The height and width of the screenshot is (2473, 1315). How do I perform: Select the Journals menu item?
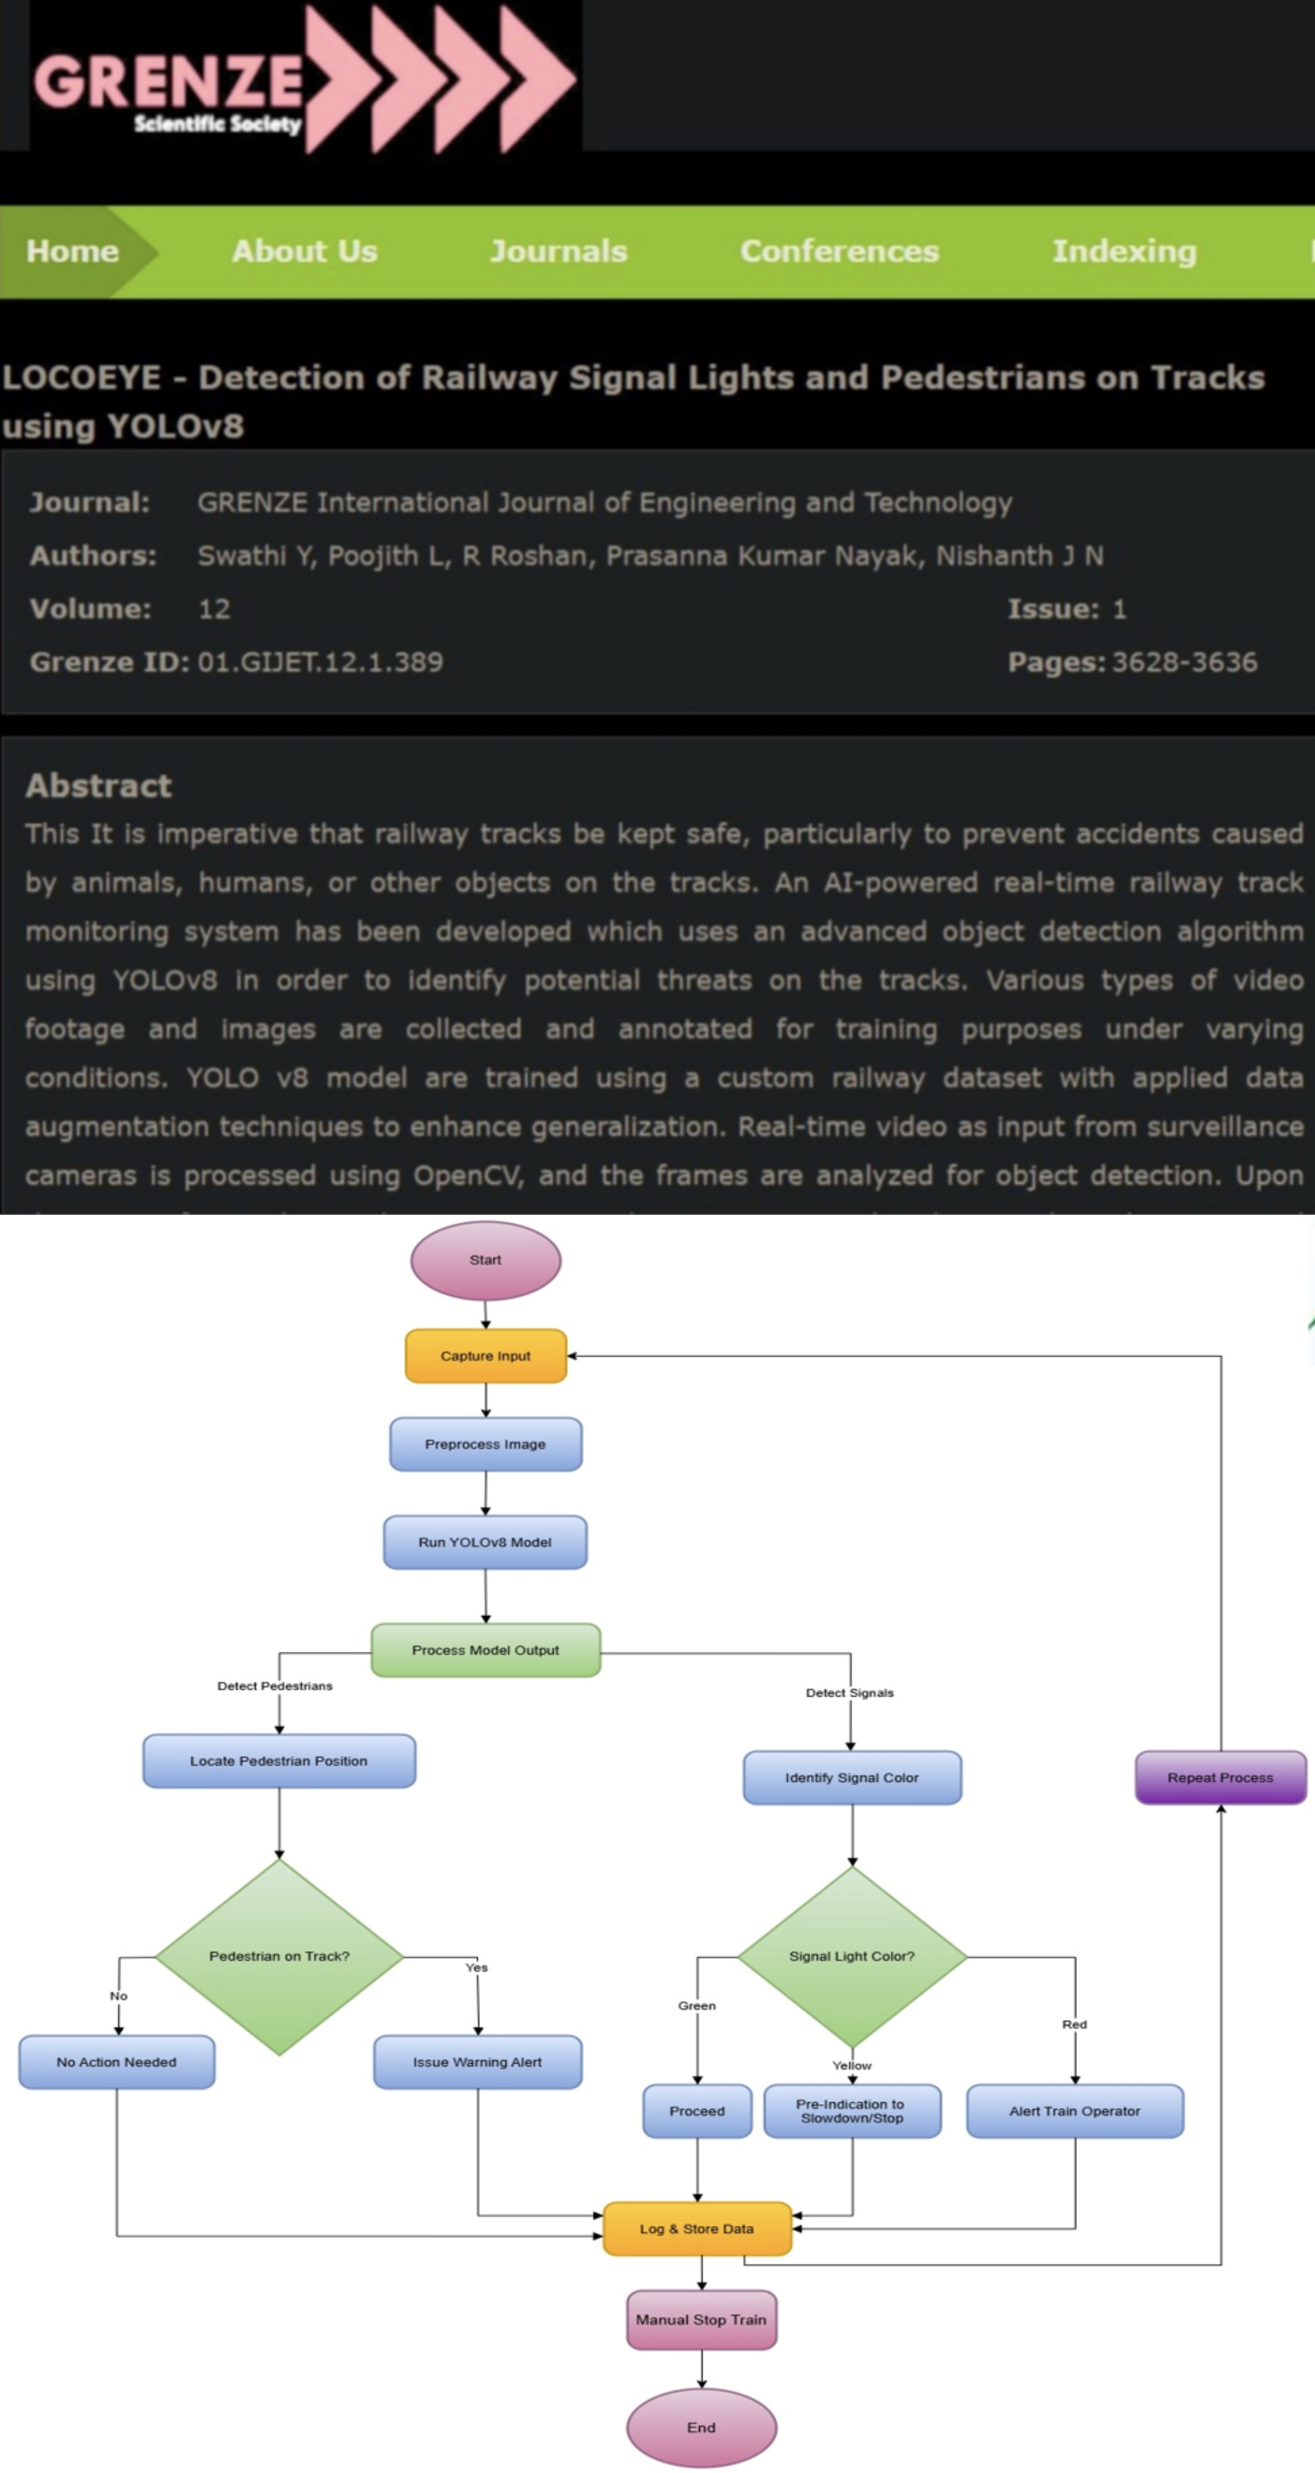558,252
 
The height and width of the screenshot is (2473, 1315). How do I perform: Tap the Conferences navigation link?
839,252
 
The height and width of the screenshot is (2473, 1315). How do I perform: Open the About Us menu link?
304,252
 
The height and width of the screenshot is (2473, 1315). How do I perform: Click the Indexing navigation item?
1124,252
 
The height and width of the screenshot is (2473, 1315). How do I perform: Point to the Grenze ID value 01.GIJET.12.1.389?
321,662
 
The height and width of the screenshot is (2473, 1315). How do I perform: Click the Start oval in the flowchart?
485,1259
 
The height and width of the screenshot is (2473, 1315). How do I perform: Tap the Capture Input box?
485,1355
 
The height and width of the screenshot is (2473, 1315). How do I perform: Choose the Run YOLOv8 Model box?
485,1542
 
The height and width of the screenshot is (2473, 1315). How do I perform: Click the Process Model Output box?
485,1649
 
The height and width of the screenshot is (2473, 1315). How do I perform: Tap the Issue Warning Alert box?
477,2061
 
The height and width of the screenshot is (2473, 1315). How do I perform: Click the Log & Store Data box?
697,2228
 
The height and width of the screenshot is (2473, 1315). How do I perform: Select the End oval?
701,2427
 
